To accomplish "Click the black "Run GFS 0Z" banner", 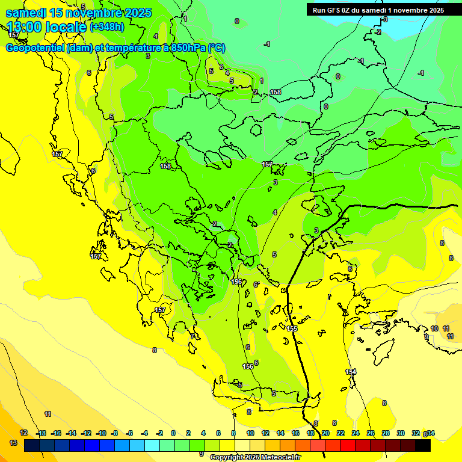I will (x=378, y=10).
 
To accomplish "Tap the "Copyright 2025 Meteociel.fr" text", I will (x=255, y=458).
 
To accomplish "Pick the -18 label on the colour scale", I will (x=42, y=433).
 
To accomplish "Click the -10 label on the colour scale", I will (x=101, y=433).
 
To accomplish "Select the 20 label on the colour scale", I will (x=325, y=433).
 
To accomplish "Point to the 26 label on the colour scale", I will (x=371, y=433).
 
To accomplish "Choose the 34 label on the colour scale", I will (x=431, y=433).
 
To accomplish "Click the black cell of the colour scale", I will (x=423, y=446).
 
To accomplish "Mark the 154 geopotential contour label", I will (x=351, y=372).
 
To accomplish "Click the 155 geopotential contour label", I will (x=292, y=328).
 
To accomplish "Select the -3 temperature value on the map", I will (x=385, y=19).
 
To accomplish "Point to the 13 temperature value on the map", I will (x=13, y=443).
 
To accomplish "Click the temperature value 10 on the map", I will (x=434, y=328).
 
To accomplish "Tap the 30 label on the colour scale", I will (x=401, y=433).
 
